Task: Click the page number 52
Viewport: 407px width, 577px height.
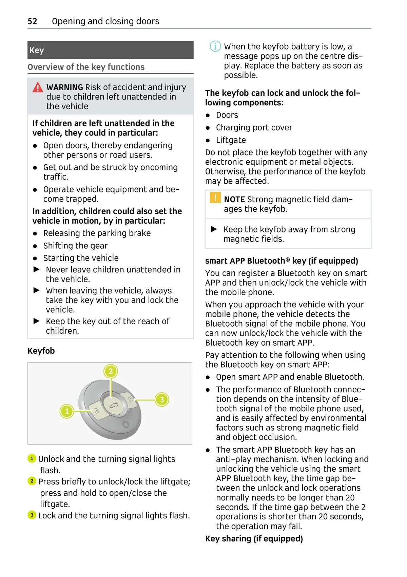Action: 32,21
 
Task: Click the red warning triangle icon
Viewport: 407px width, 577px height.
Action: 38,88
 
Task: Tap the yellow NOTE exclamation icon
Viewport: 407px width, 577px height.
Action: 215,197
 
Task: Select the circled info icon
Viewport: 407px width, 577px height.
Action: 215,46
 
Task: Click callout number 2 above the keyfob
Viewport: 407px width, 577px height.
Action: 111,371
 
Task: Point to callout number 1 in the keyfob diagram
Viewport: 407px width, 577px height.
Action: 67,411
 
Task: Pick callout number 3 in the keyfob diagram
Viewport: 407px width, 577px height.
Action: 162,400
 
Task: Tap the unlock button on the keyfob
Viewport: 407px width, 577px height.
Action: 96,411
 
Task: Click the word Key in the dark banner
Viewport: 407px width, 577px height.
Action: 37,50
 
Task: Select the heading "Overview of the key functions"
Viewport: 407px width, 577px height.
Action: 86,67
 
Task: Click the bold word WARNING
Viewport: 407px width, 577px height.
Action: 64,87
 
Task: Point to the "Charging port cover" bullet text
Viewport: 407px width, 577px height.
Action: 254,128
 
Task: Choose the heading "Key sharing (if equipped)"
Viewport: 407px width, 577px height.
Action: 254,539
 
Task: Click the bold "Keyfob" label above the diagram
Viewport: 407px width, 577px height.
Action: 41,351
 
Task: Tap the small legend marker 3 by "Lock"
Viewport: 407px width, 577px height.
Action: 32,515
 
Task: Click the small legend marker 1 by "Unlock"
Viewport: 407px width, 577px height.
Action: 32,458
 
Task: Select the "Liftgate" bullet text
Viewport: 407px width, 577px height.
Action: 231,140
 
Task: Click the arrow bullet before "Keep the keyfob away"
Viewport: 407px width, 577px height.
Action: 214,229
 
